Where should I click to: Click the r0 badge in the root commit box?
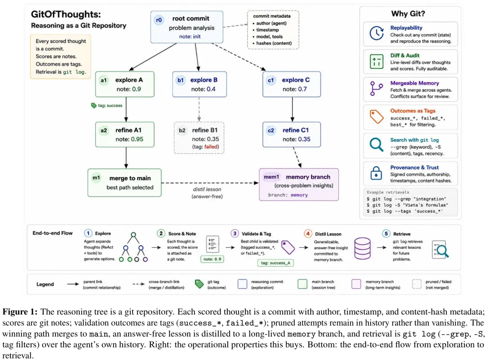coord(159,20)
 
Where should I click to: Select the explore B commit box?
coord(199,84)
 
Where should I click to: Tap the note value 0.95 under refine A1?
coord(137,139)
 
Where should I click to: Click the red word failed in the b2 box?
coord(211,147)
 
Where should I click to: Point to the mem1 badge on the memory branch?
coord(271,177)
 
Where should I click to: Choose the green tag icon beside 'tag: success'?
coord(94,105)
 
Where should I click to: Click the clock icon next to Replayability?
coord(377,33)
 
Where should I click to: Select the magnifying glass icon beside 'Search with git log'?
coord(377,145)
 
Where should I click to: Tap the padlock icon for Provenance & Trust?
coord(376,173)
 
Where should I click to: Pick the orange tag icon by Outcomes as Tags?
coord(377,117)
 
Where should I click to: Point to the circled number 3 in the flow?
coord(235,233)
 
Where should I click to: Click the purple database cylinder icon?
coord(363,248)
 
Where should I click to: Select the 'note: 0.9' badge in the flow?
coord(212,259)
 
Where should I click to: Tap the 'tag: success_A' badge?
coord(276,263)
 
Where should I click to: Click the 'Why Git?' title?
coord(408,14)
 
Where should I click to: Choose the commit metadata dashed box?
coord(273,30)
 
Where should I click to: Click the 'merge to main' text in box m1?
coord(130,178)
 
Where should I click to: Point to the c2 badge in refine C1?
coord(271,130)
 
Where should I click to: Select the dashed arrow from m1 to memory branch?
coord(210,183)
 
